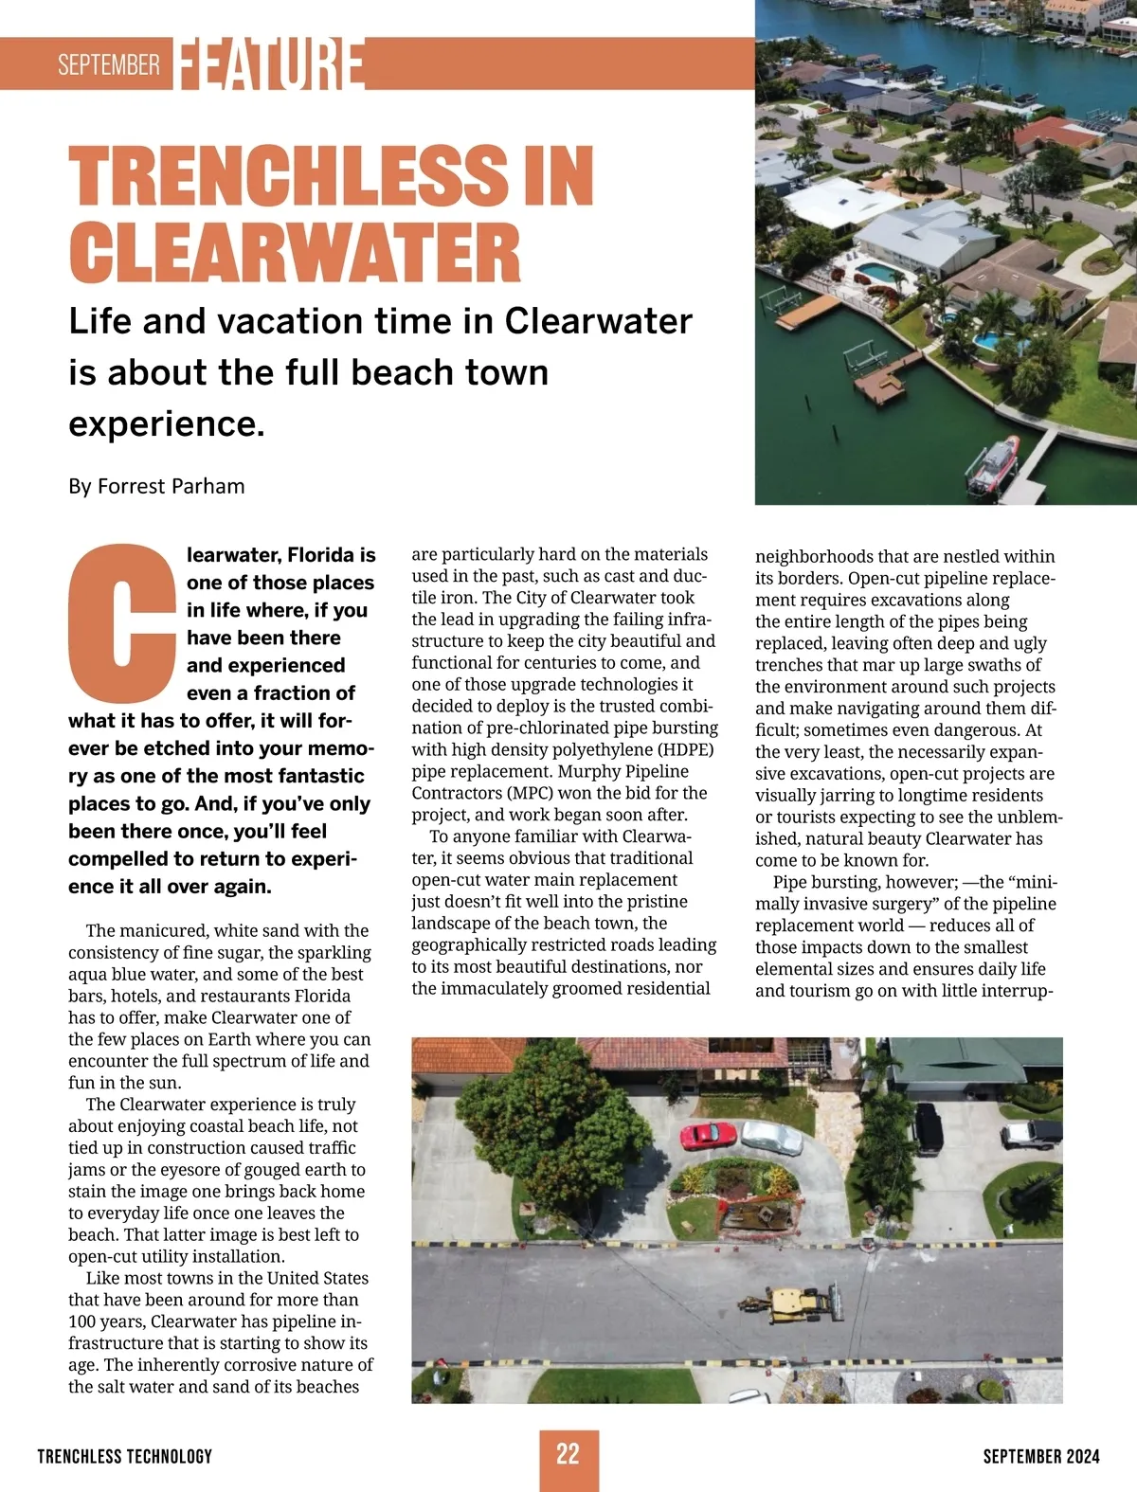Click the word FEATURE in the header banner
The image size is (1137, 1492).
[270, 63]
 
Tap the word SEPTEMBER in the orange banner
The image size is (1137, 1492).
[109, 64]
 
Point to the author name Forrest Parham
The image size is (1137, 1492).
[171, 486]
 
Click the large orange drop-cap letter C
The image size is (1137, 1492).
[121, 619]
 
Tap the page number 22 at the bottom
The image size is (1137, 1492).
[568, 1455]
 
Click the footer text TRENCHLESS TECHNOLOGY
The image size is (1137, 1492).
[125, 1456]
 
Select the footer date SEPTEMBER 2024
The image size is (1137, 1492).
[1041, 1456]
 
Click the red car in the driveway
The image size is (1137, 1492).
[708, 1134]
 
